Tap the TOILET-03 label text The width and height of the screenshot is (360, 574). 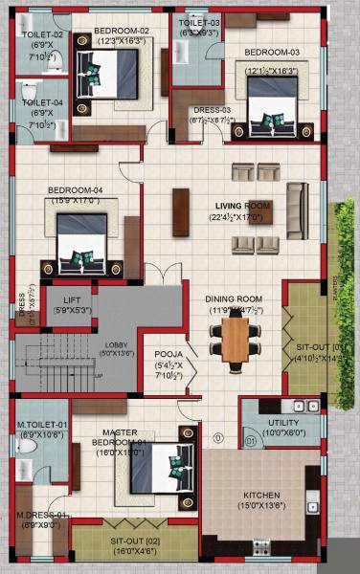pos(198,22)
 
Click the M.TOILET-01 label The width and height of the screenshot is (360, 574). pos(41,424)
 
